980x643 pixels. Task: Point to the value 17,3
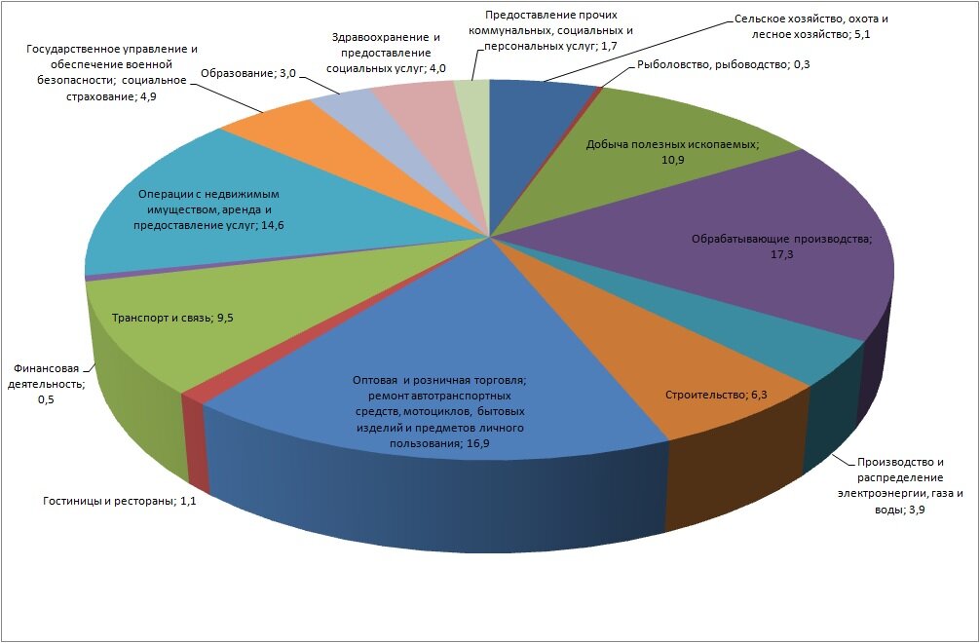[x=781, y=255]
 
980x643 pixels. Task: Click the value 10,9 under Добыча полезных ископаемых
[x=672, y=160]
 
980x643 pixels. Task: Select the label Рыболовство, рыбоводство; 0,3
[x=723, y=63]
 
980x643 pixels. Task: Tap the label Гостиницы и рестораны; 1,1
[x=120, y=501]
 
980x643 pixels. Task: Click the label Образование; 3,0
[x=248, y=73]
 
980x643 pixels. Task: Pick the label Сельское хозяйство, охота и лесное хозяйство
[x=810, y=27]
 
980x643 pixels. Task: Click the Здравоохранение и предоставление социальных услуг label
[x=386, y=54]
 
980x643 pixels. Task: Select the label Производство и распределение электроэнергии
[x=900, y=486]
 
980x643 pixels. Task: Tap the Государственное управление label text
[x=112, y=72]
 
